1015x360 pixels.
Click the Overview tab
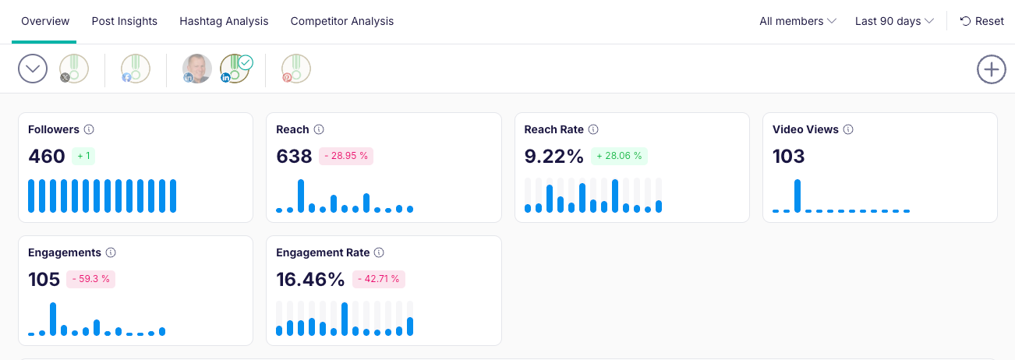pyautogui.click(x=45, y=21)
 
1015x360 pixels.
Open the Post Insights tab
pyautogui.click(x=125, y=21)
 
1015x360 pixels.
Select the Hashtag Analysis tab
pyautogui.click(x=224, y=21)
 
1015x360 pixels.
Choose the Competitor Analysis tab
pyautogui.click(x=342, y=21)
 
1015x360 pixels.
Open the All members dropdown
pyautogui.click(x=797, y=21)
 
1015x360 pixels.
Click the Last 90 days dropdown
pyautogui.click(x=894, y=21)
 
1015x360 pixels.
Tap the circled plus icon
pyautogui.click(x=991, y=69)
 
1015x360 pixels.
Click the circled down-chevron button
pyautogui.click(x=33, y=69)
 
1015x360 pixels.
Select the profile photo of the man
pyautogui.click(x=197, y=69)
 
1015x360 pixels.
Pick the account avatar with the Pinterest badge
pyautogui.click(x=296, y=69)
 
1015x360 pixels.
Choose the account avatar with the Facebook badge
pyautogui.click(x=136, y=69)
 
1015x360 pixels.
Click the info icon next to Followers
pyautogui.click(x=89, y=129)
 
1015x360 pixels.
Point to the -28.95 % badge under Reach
pyautogui.click(x=346, y=156)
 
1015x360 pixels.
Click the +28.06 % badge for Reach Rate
pyautogui.click(x=619, y=156)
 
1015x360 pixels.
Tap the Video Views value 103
pyautogui.click(x=788, y=156)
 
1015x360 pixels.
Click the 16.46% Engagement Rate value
pyautogui.click(x=310, y=279)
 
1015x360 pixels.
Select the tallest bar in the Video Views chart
pyautogui.click(x=797, y=196)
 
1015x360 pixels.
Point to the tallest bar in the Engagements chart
pyautogui.click(x=53, y=319)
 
